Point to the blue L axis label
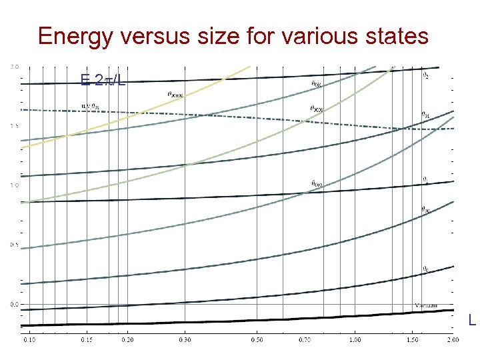coord(472,321)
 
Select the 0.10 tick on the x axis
coord(31,340)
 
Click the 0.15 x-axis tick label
coord(86,340)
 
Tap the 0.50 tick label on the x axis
coord(257,340)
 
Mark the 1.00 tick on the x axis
coord(355,340)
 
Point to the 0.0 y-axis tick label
coord(15,304)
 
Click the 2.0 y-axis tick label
coord(15,67)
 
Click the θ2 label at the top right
coord(426,75)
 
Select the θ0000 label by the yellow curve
coord(175,95)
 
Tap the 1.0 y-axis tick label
coord(15,185)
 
